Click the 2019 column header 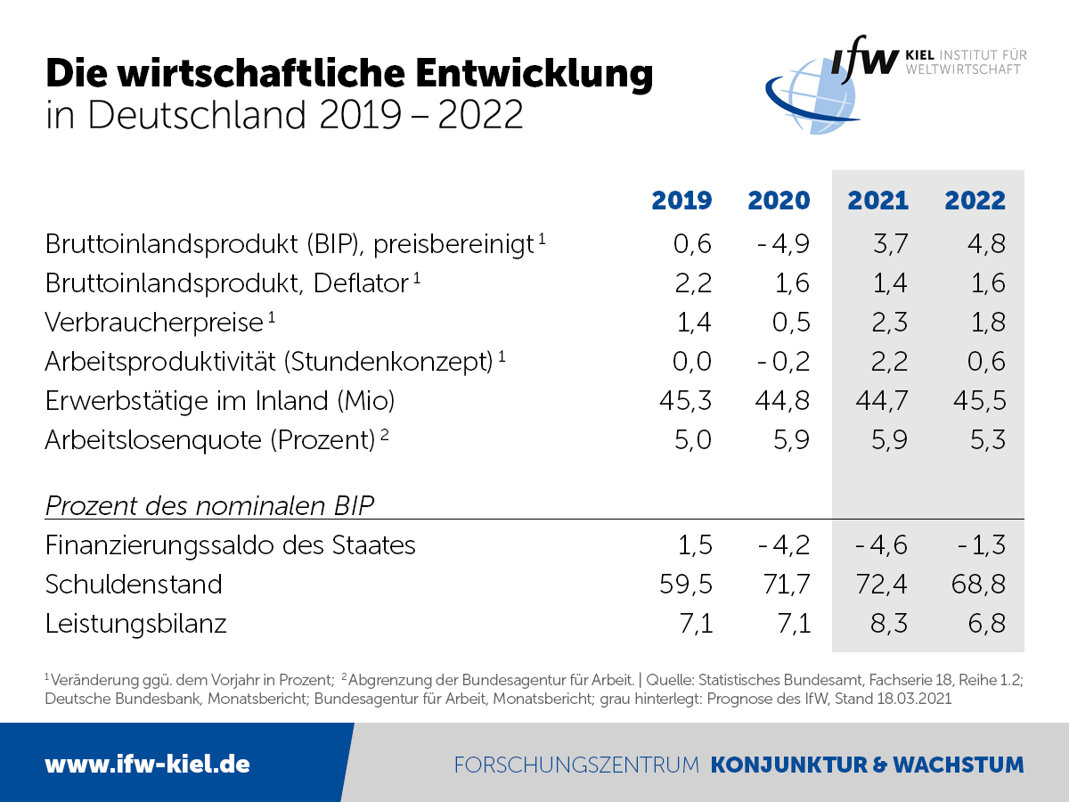coord(681,200)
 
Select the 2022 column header coord(975,200)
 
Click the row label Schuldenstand coord(134,585)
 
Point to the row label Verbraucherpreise coord(154,323)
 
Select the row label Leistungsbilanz coord(136,624)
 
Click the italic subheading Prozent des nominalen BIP coord(209,506)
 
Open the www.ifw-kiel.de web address coord(147,764)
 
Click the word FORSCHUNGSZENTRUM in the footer coord(576,765)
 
